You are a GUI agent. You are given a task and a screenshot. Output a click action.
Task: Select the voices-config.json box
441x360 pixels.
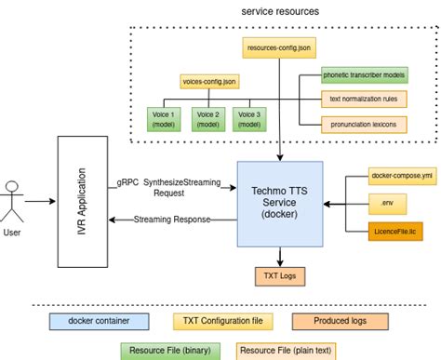(209, 81)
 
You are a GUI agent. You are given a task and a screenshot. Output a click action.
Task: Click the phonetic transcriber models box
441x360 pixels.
(363, 73)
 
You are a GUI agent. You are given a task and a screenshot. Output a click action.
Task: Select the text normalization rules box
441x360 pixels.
(363, 99)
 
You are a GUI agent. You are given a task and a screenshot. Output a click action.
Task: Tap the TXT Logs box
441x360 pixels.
(280, 275)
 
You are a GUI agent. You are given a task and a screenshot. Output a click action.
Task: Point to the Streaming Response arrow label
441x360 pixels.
(171, 220)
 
